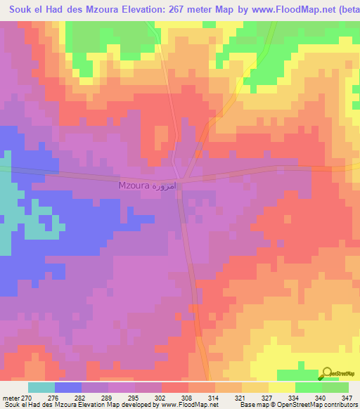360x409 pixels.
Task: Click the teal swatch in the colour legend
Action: [x=41, y=387]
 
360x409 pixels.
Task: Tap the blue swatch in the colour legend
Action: [x=68, y=387]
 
